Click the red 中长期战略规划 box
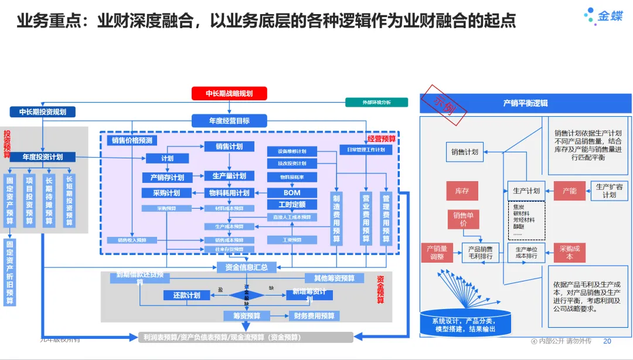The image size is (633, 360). (229, 93)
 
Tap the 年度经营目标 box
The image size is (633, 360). (229, 121)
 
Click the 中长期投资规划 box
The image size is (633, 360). (43, 111)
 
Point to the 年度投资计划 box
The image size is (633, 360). (42, 157)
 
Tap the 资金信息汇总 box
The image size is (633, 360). (242, 267)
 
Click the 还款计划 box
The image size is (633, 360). (187, 296)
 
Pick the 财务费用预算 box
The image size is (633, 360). (314, 316)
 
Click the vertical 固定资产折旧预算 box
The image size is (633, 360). (10, 272)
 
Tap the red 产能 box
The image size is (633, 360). (569, 191)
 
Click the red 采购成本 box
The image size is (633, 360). (569, 253)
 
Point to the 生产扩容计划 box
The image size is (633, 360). (610, 191)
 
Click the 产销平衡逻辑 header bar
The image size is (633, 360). (526, 103)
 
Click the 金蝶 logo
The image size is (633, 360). (603, 16)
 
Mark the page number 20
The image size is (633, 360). (607, 341)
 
